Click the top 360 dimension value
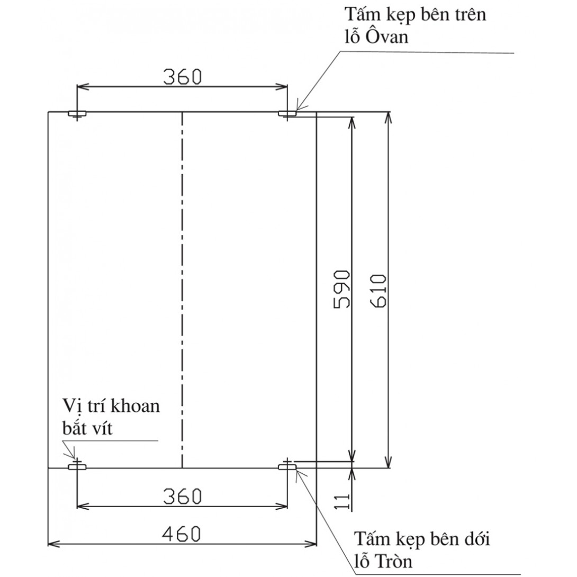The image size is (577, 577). point(183,77)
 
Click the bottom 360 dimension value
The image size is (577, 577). point(183,497)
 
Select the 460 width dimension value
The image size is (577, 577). point(182,534)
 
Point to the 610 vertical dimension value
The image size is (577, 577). point(378,291)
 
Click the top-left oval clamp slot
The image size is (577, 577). point(77,113)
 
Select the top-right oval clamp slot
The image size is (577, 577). point(287,113)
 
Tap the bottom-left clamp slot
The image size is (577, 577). point(77,467)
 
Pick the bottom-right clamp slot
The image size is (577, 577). point(287,467)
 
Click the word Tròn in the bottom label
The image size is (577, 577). point(393,561)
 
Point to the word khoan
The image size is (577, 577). point(136,405)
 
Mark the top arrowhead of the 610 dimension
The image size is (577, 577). point(389,118)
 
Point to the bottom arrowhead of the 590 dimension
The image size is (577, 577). point(352,456)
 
